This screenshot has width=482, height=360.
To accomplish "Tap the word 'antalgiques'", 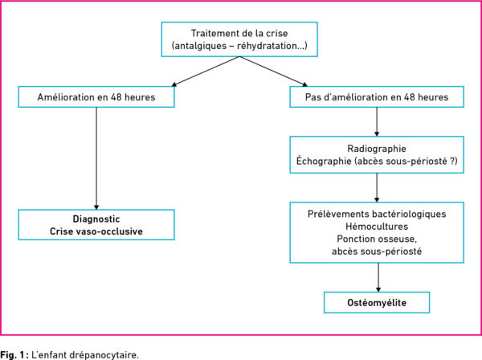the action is coord(200,46).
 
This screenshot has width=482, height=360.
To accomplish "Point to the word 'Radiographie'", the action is coord(377,149).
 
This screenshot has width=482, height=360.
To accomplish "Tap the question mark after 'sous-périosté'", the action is coord(451,161).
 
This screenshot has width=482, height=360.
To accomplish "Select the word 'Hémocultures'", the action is coord(377,227).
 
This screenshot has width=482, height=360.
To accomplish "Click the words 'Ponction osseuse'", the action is coord(376,239).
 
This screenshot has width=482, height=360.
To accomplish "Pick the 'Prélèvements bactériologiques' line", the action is coord(377,215).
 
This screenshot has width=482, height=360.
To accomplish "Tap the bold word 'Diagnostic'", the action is coord(96,219).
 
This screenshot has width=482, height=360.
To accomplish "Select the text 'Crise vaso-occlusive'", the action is coord(96,231).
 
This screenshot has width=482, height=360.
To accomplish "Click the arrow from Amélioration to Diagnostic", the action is coord(96,158).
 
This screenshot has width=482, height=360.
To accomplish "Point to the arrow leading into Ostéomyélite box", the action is coord(378,277).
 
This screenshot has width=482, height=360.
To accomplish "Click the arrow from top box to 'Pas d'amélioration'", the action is coord(273,72).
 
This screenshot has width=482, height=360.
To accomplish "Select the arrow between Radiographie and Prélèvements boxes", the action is coord(377,187).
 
